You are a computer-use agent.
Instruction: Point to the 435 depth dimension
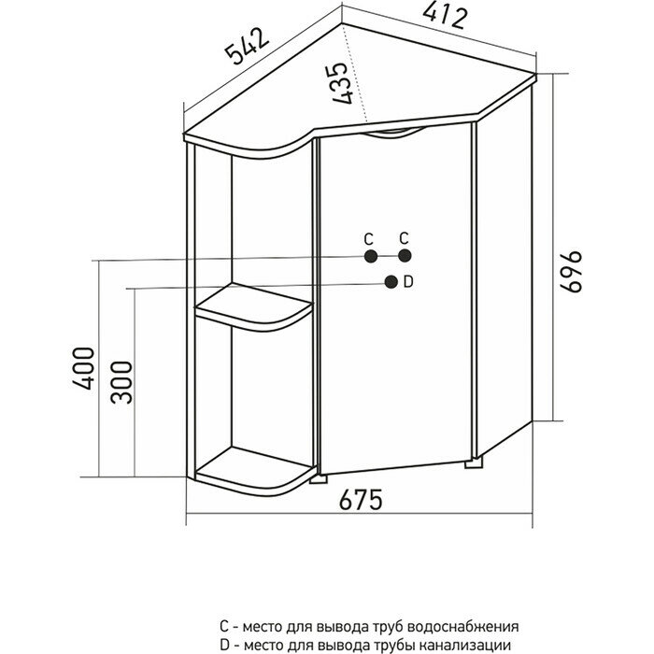pyautogui.click(x=341, y=82)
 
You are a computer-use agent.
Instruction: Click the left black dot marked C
pyautogui.click(x=371, y=256)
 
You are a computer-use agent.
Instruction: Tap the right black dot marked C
pyautogui.click(x=405, y=256)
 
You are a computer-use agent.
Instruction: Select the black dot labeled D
pyautogui.click(x=390, y=282)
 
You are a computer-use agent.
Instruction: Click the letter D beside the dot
pyautogui.click(x=408, y=282)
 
